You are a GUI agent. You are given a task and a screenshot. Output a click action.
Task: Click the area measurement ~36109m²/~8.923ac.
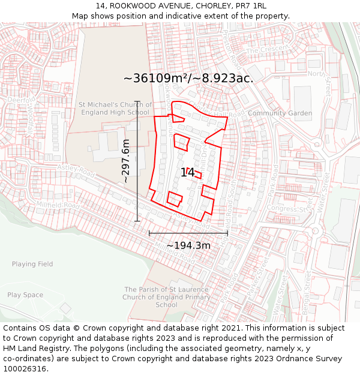coord(188,78)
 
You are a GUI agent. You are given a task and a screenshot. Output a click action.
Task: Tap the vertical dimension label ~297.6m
coord(126,161)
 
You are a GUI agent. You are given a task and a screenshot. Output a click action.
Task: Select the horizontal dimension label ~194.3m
coord(188,245)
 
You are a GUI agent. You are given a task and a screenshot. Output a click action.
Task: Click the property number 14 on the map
coord(187,173)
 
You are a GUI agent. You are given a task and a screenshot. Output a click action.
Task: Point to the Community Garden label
coord(280,113)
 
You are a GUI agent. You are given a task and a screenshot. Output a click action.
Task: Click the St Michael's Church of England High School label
coord(115,109)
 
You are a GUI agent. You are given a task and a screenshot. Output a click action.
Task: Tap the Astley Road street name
coord(76,170)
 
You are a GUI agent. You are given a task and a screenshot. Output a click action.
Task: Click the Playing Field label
coord(32,264)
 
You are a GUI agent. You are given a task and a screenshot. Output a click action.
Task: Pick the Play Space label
coord(25,295)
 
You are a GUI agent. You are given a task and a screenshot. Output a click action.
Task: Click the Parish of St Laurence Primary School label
coord(166,297)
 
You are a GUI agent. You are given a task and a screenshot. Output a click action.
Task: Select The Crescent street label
coord(267,49)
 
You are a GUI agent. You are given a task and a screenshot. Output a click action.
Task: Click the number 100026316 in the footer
coord(25,369)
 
